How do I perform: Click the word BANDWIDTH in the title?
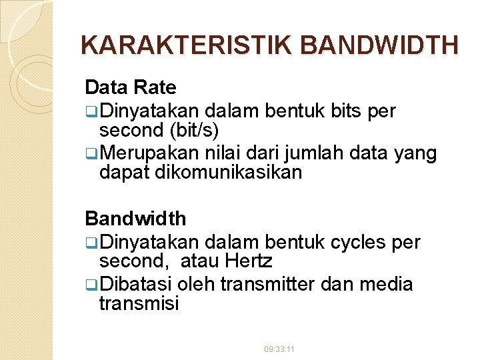tap(380, 45)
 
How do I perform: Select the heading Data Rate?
tap(131, 87)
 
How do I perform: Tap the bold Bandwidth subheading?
tap(135, 219)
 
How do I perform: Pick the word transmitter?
tap(269, 285)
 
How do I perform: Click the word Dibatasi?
tap(139, 285)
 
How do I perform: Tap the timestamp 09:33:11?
tap(280, 349)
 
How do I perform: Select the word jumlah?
tap(307, 154)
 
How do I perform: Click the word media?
tap(386, 285)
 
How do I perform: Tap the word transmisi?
tap(139, 304)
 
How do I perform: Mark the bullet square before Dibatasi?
tap(90, 285)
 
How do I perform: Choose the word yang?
tap(417, 154)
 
